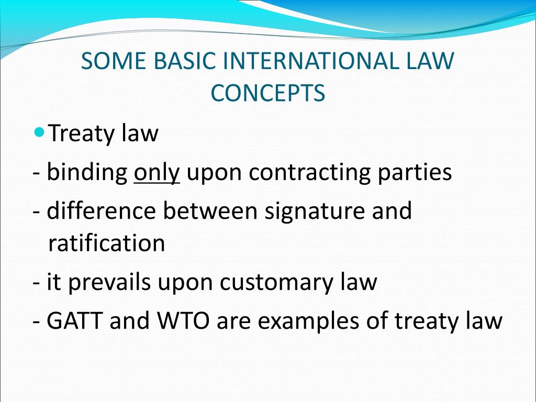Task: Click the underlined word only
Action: [x=157, y=173]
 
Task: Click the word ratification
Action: [x=107, y=243]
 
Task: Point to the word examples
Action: [x=304, y=322]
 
